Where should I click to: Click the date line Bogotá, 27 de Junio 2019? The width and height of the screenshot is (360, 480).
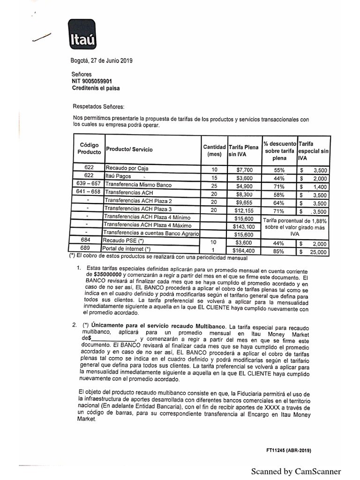pyautogui.click(x=102, y=60)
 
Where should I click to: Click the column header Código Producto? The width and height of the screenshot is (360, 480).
pyautogui.click(x=89, y=149)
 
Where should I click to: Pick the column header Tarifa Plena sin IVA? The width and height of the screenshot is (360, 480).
pyautogui.click(x=243, y=150)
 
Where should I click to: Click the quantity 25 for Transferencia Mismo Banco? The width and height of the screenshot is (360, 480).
pyautogui.click(x=214, y=186)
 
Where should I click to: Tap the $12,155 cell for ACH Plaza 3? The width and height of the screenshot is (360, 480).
pyautogui.click(x=243, y=210)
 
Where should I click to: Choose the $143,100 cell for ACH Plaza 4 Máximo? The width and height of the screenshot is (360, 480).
pyautogui.click(x=243, y=226)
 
